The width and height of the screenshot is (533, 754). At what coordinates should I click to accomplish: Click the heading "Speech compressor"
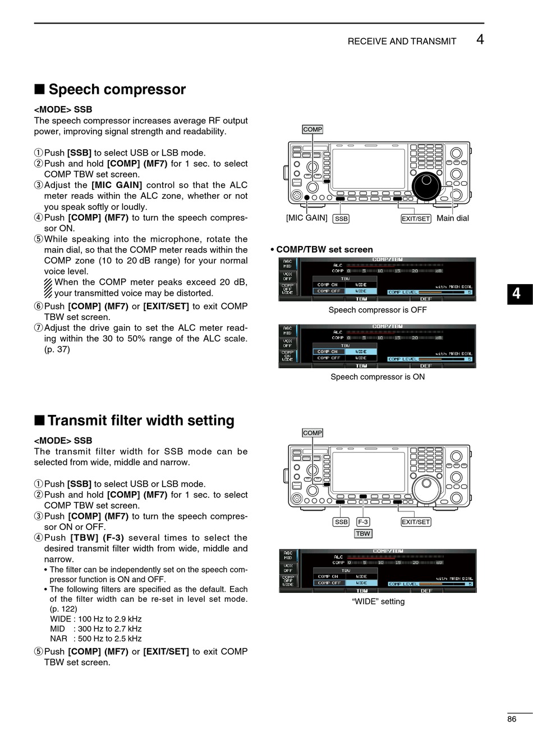pos(117,89)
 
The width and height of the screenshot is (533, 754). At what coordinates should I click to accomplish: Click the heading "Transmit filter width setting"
pos(140,421)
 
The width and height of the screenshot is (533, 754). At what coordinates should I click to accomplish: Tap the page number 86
pos(512,719)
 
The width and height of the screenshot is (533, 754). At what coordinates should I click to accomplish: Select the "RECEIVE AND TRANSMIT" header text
pos(402,41)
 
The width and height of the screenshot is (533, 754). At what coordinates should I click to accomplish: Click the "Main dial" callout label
pos(453,218)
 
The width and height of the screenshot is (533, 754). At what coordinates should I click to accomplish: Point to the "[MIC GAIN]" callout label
pos(306,218)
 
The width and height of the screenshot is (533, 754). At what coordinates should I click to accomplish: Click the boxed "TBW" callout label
pos(363,533)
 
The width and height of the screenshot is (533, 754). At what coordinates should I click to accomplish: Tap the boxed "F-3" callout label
pos(363,522)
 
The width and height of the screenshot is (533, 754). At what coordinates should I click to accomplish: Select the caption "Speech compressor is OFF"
pos(378,310)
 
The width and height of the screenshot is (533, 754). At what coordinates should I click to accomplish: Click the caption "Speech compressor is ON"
pos(378,377)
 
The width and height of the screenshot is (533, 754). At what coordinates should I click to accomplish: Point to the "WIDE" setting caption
pos(378,601)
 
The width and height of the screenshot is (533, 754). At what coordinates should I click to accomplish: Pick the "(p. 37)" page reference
pos(57,349)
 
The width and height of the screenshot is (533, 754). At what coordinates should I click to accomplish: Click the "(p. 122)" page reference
pos(63,609)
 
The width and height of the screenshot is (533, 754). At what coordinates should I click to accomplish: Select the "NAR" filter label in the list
pos(58,638)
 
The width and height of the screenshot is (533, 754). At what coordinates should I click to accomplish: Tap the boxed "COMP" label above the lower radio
pos(313,433)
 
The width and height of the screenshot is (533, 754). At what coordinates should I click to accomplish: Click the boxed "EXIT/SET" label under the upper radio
pos(416,218)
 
